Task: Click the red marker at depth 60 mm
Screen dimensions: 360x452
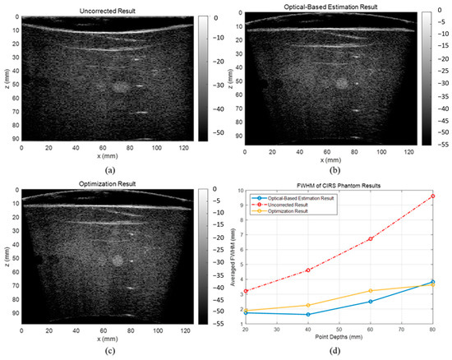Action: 371,239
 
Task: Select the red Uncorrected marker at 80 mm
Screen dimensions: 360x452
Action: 432,196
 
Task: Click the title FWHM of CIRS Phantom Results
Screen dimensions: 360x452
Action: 338,183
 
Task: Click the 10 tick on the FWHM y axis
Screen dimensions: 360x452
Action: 238,191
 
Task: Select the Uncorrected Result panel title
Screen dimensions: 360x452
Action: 106,9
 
